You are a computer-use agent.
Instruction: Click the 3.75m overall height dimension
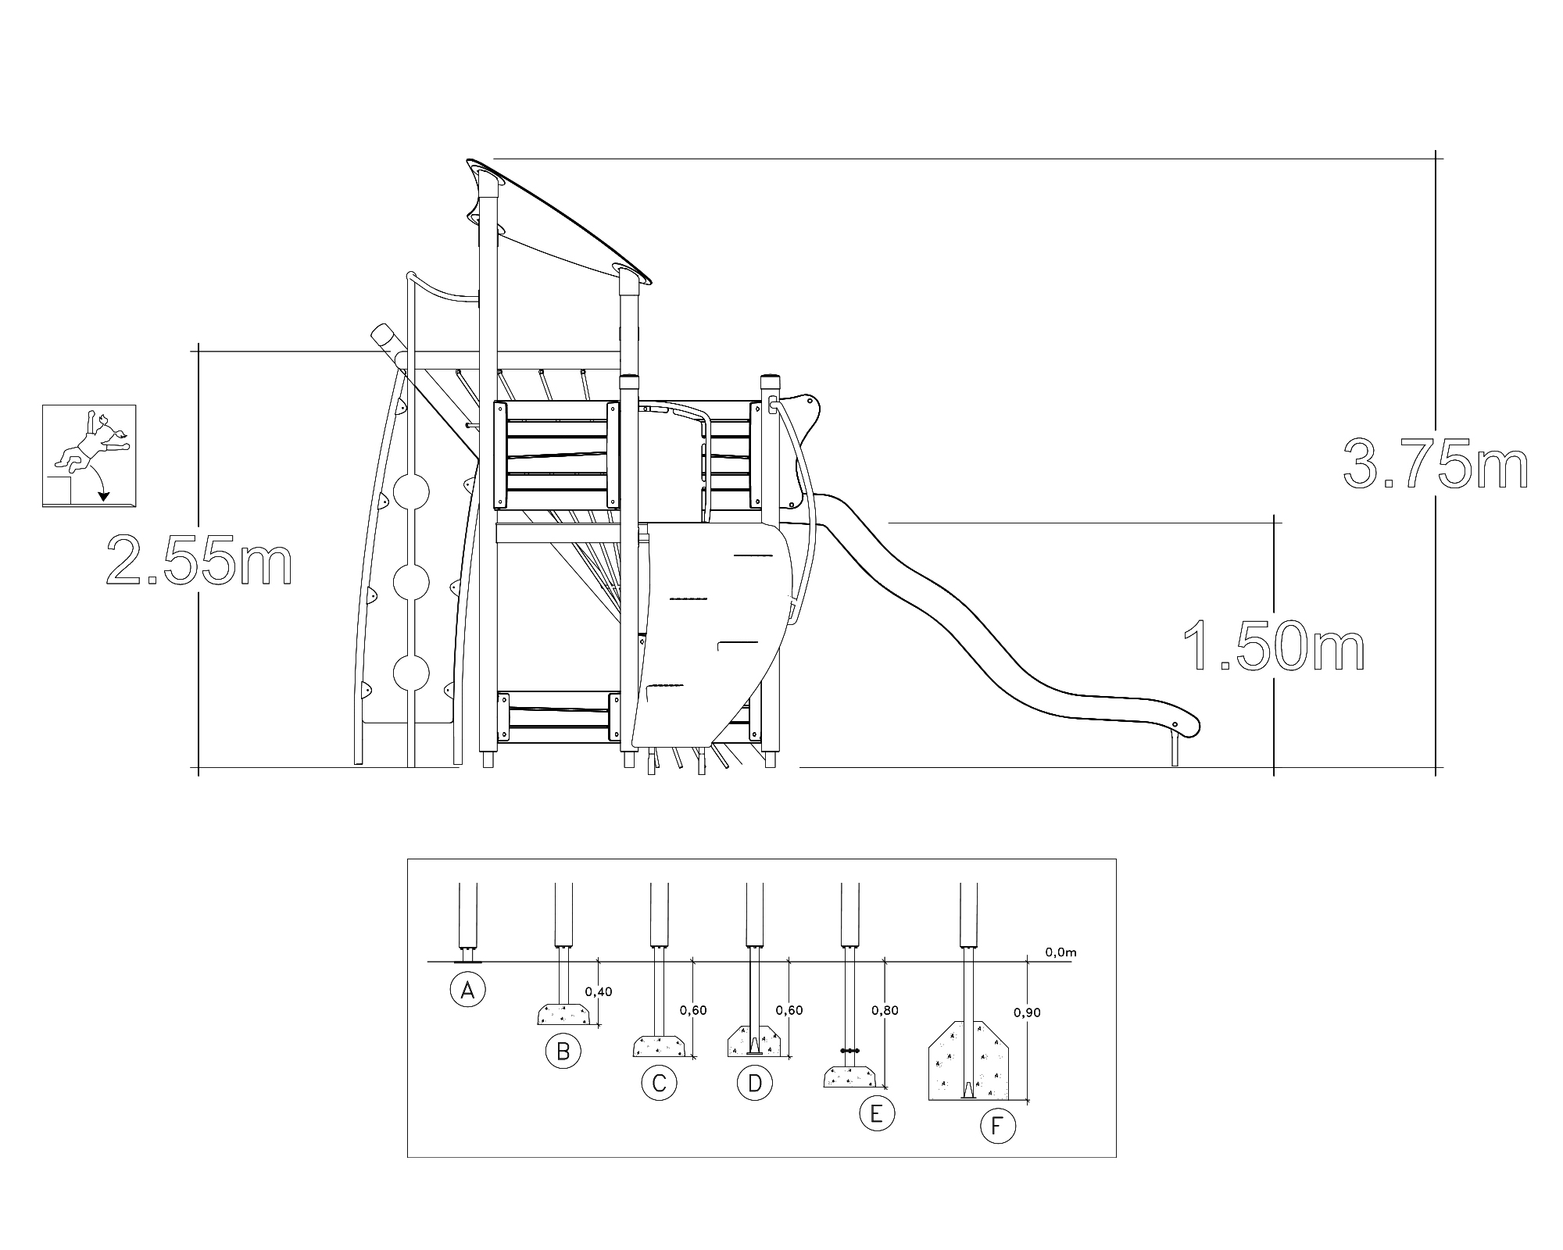1436,466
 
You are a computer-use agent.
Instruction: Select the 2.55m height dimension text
199,559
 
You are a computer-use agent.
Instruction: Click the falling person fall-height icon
89,456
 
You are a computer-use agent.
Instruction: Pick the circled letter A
467,991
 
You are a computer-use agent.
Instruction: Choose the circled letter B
563,1051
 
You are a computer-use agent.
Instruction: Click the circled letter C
659,1083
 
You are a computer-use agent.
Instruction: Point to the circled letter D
755,1083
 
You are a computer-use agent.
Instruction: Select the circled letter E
876,1113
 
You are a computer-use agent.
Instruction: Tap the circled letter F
996,1127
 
